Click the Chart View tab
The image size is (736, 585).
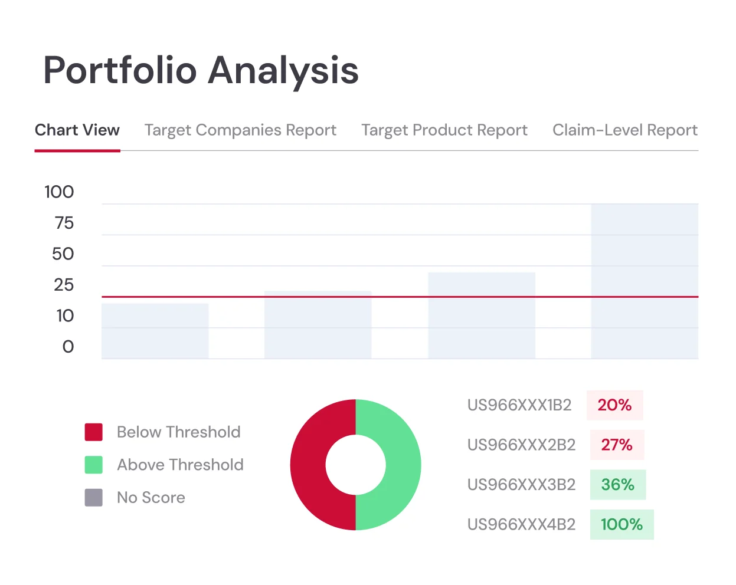pos(77,130)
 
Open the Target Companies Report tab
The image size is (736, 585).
pos(240,130)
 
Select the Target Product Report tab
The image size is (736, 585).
pos(444,130)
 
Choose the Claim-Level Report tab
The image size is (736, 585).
pos(624,130)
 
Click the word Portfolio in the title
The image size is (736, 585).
pos(120,71)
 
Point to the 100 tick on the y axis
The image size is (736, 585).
pos(59,192)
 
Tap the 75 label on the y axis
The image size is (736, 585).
pos(64,223)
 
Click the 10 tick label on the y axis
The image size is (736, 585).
pos(65,316)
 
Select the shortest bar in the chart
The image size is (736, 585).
pos(155,331)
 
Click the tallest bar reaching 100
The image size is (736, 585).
pos(645,281)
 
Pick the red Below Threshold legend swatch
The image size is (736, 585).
pos(94,432)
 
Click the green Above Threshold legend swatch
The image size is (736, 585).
pos(94,465)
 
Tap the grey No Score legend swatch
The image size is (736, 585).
pos(94,498)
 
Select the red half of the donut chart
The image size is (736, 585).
pos(309,465)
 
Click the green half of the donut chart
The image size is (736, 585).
pos(403,465)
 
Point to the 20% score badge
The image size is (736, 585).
pos(614,405)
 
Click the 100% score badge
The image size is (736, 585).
pos(621,524)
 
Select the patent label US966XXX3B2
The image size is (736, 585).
pos(521,485)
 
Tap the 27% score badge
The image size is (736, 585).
pos(617,445)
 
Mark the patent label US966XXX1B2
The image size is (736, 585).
pos(519,405)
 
